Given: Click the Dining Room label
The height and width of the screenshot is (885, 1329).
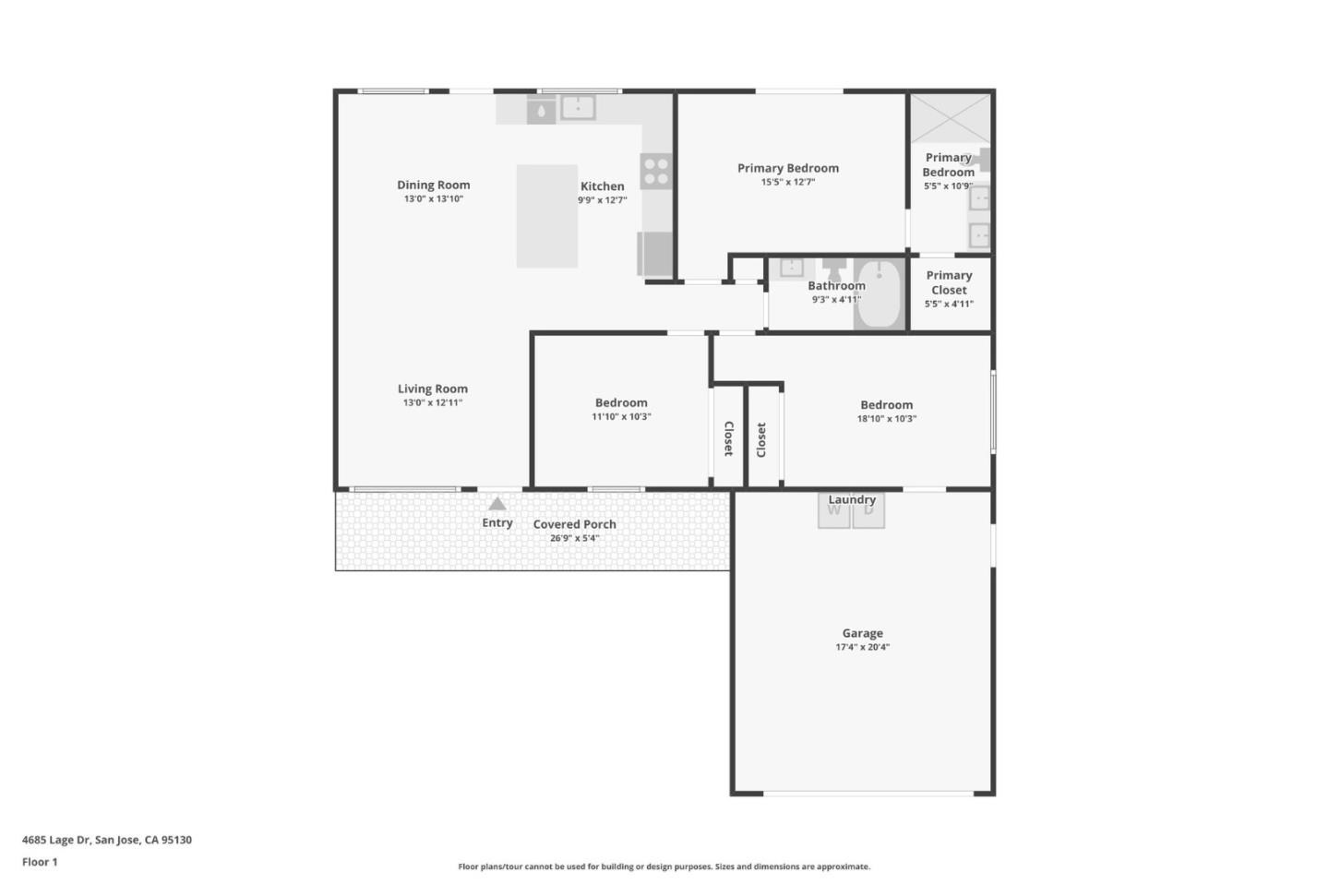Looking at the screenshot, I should pyautogui.click(x=433, y=185).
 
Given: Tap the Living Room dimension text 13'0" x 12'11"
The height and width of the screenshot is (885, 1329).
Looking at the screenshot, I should pyautogui.click(x=432, y=403).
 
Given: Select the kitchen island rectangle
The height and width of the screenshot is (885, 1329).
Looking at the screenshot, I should pyautogui.click(x=546, y=216).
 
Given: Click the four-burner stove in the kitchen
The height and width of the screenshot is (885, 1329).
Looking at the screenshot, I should pyautogui.click(x=656, y=171).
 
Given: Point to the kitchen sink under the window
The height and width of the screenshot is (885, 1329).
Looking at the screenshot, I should pyautogui.click(x=578, y=108).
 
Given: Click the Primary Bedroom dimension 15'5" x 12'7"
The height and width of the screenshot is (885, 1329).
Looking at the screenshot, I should pyautogui.click(x=787, y=183).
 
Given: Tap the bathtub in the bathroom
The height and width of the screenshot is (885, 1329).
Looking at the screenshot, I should pyautogui.click(x=878, y=294).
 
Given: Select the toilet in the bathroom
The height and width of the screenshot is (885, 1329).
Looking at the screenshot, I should pyautogui.click(x=834, y=269).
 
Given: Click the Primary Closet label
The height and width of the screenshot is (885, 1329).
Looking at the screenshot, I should pyautogui.click(x=949, y=282).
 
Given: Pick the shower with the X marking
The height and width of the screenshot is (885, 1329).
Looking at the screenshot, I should pyautogui.click(x=950, y=119).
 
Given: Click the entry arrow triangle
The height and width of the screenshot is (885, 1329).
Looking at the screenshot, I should pyautogui.click(x=497, y=504).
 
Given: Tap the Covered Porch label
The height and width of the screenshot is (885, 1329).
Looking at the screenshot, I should pyautogui.click(x=574, y=524).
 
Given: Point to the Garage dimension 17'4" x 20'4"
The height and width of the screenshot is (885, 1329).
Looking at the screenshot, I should pyautogui.click(x=862, y=648).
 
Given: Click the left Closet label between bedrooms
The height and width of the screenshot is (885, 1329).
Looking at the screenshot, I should pyautogui.click(x=728, y=438).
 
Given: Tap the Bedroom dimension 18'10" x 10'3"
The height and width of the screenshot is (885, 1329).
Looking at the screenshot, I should pyautogui.click(x=886, y=419).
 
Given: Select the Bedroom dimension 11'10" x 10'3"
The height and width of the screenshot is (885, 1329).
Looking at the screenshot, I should pyautogui.click(x=621, y=417).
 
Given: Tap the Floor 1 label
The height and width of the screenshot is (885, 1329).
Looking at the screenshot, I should pyautogui.click(x=40, y=862).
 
